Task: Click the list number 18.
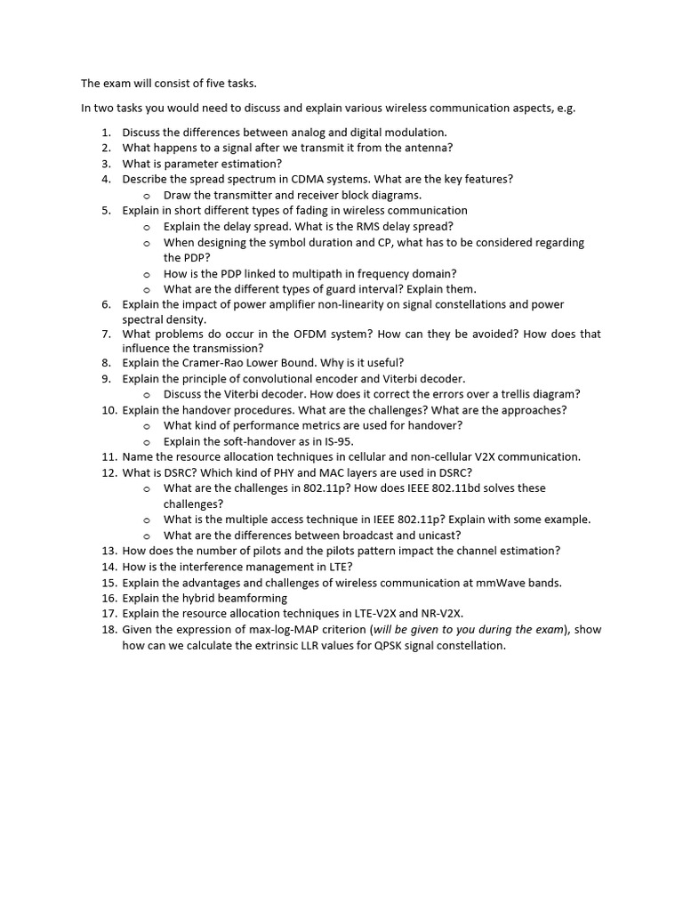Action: click(109, 630)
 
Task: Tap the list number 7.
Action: click(106, 335)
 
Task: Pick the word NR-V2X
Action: click(440, 614)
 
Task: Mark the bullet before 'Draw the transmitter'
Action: click(148, 195)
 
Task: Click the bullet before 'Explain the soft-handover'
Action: click(148, 441)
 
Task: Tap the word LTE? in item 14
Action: click(337, 567)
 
